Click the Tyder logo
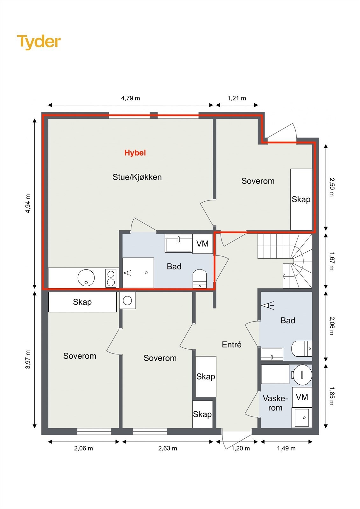pos(39,42)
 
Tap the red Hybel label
pos(135,153)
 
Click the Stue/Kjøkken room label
pos(137,177)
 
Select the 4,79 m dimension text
pos(131,98)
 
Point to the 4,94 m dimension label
pos(28,203)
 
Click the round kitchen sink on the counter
pos(86,278)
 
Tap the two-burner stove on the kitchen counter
pos(111,278)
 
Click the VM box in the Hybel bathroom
pos(202,244)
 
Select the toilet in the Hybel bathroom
pos(200,279)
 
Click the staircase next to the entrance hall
pos(285,261)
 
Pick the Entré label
pos(231,345)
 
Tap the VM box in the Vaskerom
pos(302,397)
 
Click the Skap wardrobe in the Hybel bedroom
pos(301,199)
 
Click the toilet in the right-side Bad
pos(302,349)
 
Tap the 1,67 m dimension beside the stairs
pos(332,261)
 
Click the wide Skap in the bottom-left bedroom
pos(82,302)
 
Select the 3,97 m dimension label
pos(28,359)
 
